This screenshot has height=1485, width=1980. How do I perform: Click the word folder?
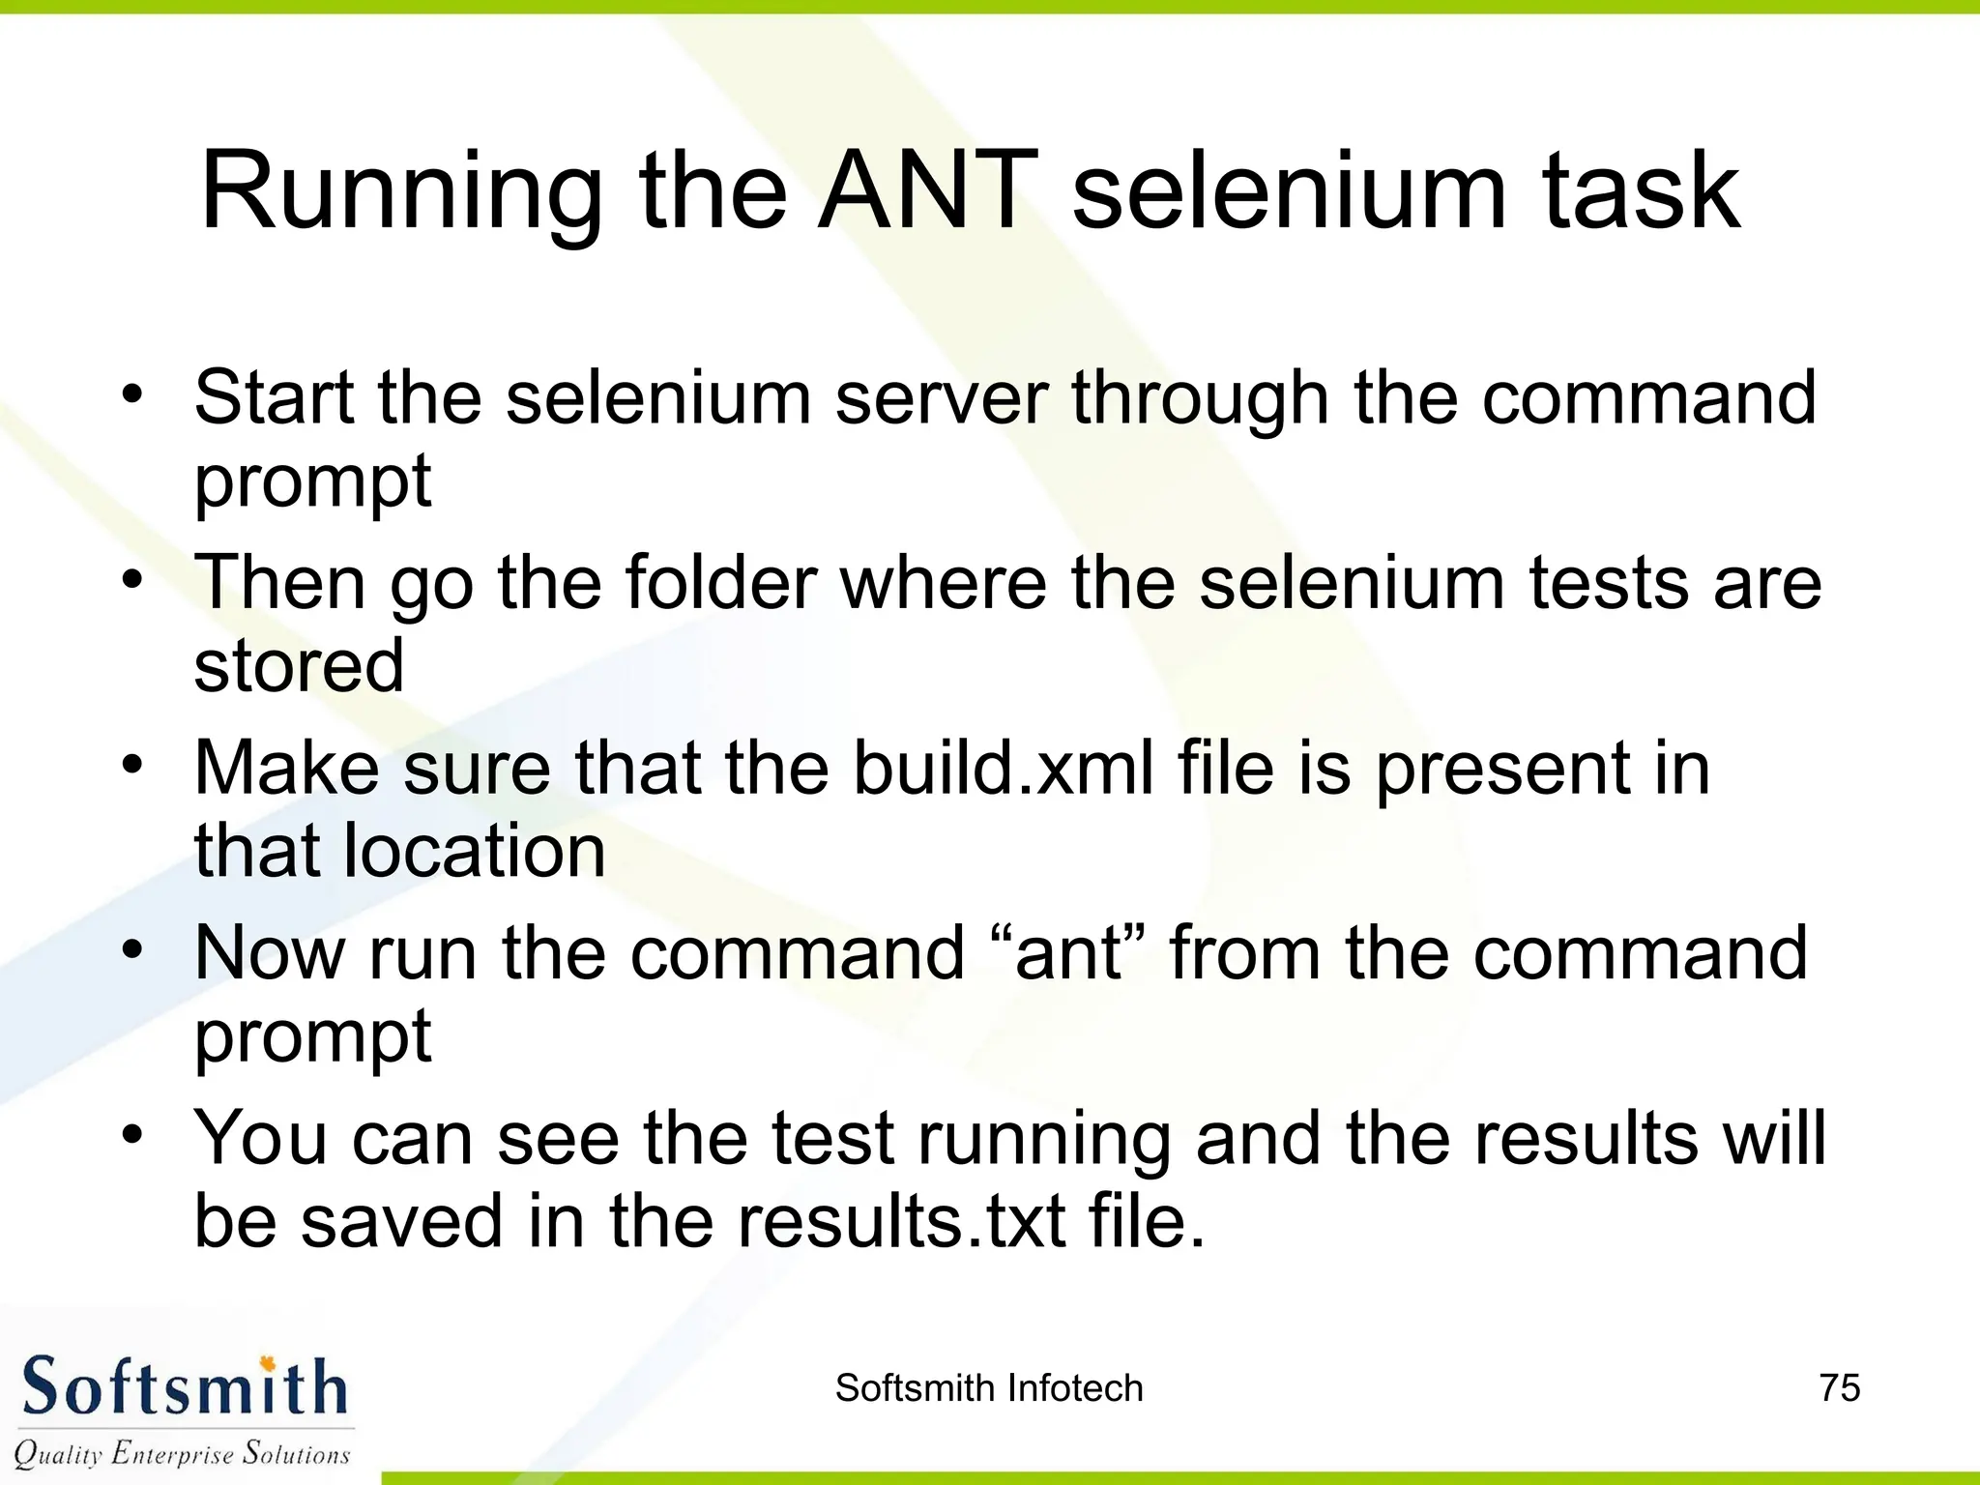click(x=721, y=583)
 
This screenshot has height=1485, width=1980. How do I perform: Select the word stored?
click(x=299, y=666)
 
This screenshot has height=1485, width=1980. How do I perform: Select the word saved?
click(x=402, y=1221)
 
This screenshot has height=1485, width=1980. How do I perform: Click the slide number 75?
click(x=1839, y=1388)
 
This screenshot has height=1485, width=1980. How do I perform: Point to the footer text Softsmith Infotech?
click(x=989, y=1388)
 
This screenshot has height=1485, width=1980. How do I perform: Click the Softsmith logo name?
click(x=184, y=1387)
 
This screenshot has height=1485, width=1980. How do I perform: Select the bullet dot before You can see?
click(x=132, y=1134)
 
